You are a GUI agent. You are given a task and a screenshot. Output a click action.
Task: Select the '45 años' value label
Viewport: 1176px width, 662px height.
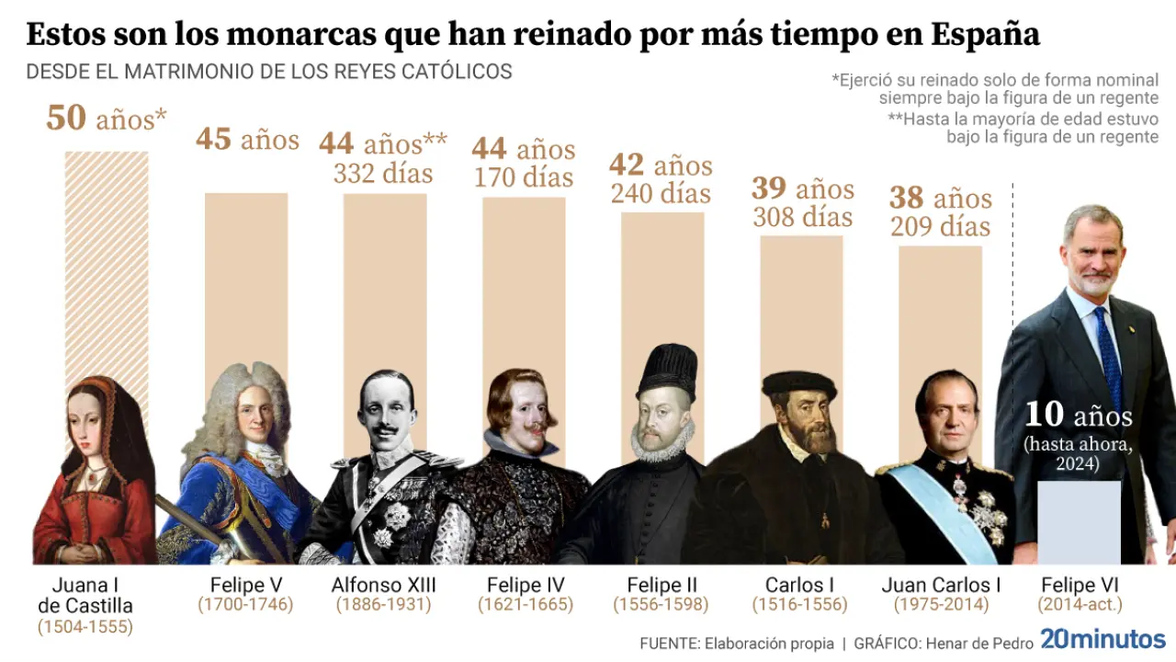coord(247,139)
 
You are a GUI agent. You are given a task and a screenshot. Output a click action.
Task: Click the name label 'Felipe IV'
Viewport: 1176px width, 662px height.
coord(526,585)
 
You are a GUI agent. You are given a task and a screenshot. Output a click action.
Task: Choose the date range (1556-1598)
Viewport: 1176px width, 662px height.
coord(661,605)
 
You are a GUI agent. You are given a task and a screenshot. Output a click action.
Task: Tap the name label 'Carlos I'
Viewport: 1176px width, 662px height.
coord(799,585)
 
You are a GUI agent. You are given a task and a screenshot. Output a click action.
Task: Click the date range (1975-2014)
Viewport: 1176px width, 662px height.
coord(940,605)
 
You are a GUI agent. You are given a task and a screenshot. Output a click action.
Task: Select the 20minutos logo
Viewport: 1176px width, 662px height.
coord(1102,639)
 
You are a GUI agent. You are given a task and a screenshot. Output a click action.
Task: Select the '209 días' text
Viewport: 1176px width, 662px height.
coord(940,226)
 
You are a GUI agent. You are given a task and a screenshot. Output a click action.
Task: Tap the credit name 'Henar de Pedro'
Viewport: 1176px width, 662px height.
coord(974,643)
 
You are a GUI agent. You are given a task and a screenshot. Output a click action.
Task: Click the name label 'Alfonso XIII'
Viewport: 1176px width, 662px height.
coord(384,585)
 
